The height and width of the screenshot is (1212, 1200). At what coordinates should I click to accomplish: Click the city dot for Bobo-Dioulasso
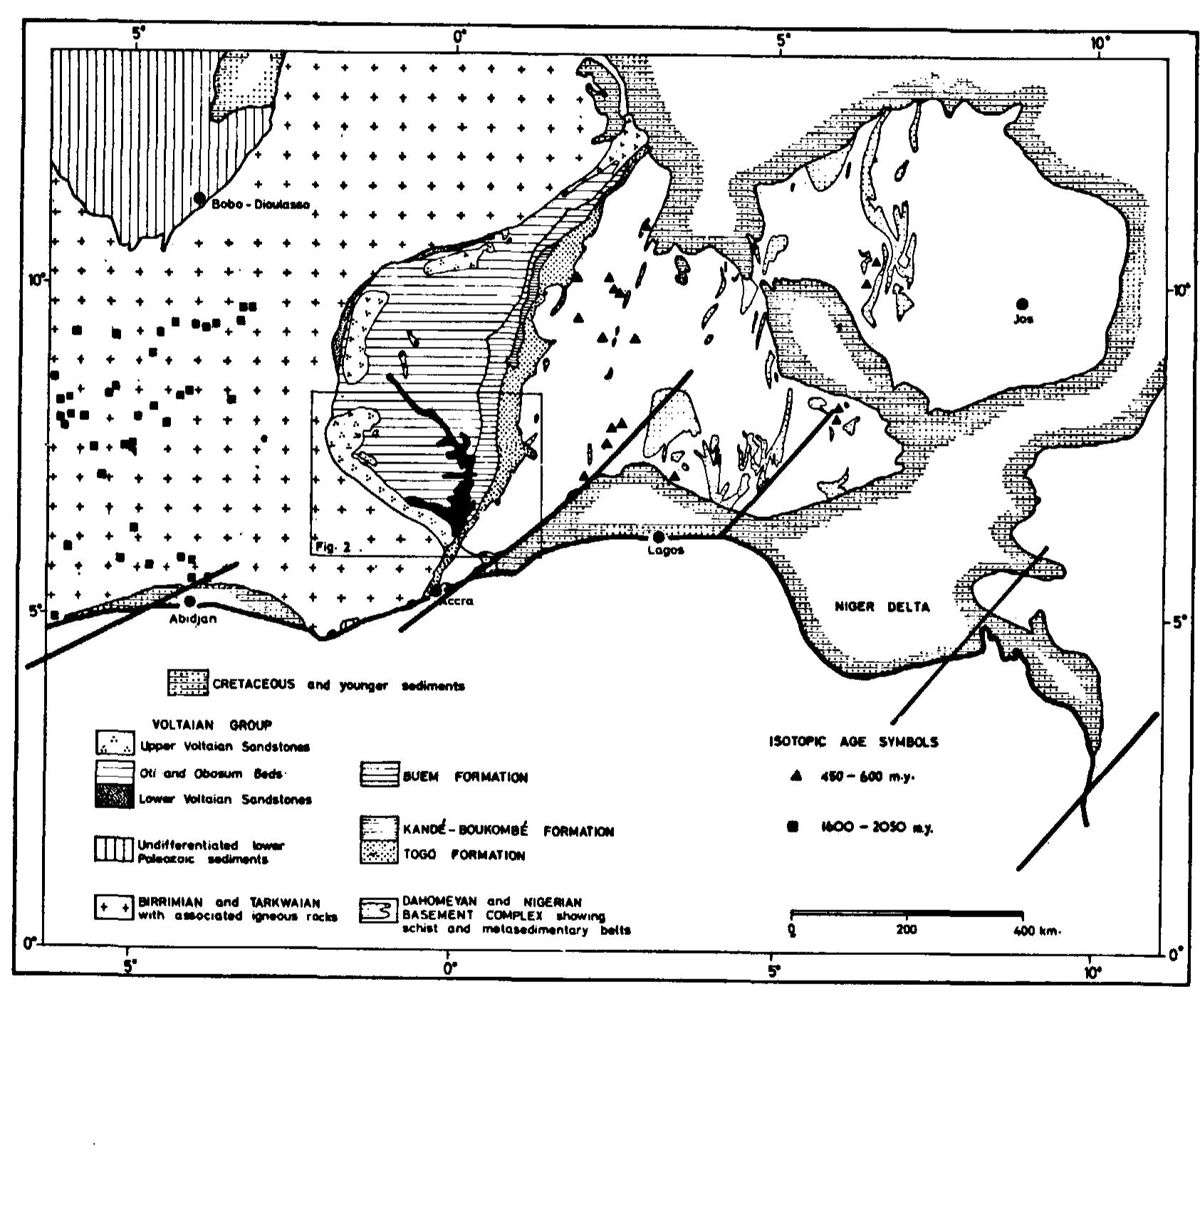200,197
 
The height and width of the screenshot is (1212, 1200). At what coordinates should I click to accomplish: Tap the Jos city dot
1023,304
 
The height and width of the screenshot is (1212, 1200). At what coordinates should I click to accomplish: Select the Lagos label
667,550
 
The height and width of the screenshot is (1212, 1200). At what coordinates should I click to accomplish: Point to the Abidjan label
192,619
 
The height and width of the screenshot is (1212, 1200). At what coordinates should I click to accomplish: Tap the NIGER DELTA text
882,607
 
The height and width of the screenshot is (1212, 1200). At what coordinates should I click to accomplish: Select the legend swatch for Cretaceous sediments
188,683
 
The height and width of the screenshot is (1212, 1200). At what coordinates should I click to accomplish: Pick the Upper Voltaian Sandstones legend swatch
114,743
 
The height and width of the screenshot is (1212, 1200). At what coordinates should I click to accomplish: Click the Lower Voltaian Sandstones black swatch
114,797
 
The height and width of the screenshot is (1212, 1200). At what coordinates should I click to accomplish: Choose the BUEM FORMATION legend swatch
379,775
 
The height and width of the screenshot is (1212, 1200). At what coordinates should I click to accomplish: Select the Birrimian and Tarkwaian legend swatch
114,909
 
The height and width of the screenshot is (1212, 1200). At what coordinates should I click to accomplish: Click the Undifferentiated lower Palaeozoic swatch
114,850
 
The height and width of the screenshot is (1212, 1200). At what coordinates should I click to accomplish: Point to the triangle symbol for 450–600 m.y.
796,776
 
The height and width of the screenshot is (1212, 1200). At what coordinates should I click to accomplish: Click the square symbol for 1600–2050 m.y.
792,827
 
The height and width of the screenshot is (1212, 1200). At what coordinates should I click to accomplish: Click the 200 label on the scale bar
906,930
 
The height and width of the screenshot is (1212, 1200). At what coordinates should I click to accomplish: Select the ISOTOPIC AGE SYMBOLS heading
853,741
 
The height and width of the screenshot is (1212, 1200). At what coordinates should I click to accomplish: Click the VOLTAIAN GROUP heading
212,725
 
